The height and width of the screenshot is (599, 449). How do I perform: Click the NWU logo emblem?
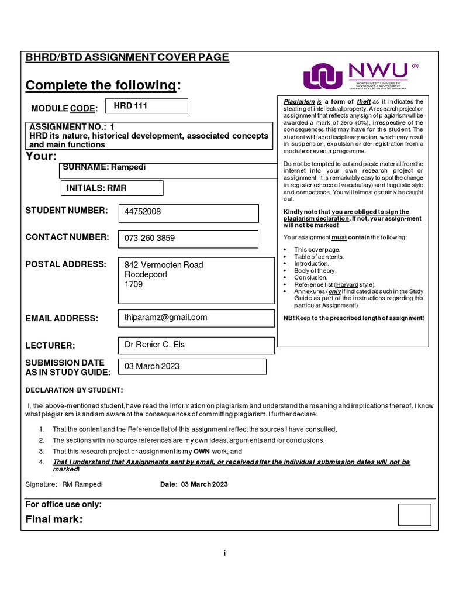pyautogui.click(x=323, y=77)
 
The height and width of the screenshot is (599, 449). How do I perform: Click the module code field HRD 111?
pyautogui.click(x=146, y=106)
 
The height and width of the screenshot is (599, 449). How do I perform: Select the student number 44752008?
pyautogui.click(x=143, y=212)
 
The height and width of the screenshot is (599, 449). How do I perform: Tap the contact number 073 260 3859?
pyautogui.click(x=150, y=239)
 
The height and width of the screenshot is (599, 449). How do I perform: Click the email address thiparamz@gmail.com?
pyautogui.click(x=166, y=317)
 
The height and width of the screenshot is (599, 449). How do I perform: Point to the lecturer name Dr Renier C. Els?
pyautogui.click(x=154, y=345)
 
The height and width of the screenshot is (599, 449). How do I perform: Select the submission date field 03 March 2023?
pyautogui.click(x=152, y=366)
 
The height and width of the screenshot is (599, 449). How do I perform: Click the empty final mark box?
pyautogui.click(x=414, y=515)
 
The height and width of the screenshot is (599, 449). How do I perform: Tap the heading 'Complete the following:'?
pyautogui.click(x=103, y=86)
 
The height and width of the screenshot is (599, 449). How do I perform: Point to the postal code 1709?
pyautogui.click(x=133, y=285)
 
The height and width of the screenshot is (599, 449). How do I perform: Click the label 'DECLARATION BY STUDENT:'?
pyautogui.click(x=75, y=391)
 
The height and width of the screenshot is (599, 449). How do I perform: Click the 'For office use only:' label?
pyautogui.click(x=64, y=504)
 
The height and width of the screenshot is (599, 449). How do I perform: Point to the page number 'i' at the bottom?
pyautogui.click(x=224, y=553)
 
